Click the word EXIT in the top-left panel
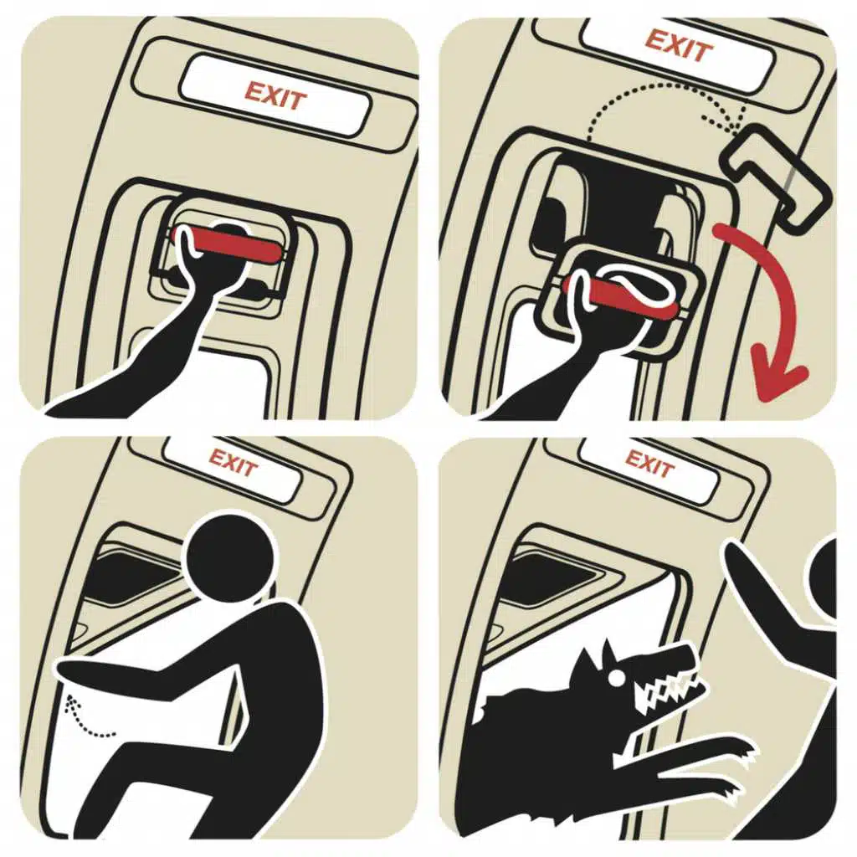[x=275, y=96]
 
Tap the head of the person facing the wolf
[x=823, y=579]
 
